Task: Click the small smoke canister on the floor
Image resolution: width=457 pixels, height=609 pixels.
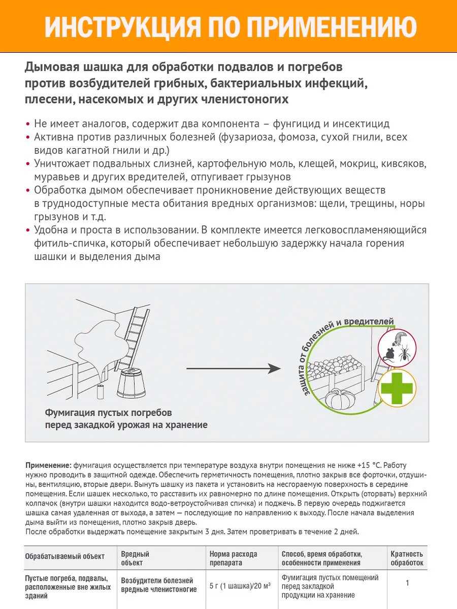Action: [x=100, y=391]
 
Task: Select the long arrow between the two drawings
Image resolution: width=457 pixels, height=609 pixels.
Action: [x=233, y=369]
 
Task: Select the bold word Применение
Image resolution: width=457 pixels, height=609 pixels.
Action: [x=48, y=465]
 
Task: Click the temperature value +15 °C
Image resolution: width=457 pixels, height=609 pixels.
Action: [x=375, y=465]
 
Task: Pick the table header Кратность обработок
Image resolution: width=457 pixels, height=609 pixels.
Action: [x=407, y=558]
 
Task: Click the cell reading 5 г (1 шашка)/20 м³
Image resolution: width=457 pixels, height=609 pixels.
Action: [x=240, y=585]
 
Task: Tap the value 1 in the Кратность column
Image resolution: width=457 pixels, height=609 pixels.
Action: [x=407, y=583]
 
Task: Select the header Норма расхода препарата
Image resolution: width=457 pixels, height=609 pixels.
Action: [x=234, y=558]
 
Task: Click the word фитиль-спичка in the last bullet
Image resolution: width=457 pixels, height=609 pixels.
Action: [x=63, y=243]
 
